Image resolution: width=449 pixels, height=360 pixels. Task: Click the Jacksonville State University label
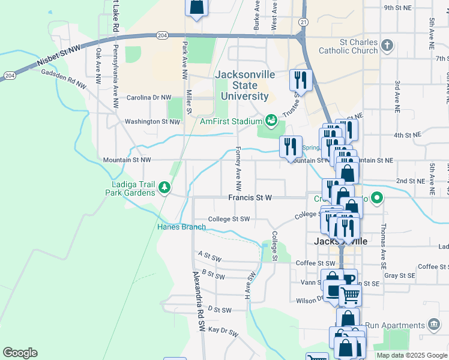click(245, 85)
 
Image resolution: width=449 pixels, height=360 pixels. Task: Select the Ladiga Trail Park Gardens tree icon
click(164, 188)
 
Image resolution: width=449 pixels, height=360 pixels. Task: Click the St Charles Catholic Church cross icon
click(388, 45)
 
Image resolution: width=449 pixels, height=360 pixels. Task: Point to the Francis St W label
click(250, 197)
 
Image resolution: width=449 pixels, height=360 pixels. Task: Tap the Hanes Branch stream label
click(181, 227)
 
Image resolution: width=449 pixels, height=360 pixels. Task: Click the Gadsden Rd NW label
click(64, 79)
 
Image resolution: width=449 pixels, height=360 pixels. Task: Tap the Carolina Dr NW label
click(148, 97)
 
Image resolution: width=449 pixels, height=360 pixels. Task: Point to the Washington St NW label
click(152, 122)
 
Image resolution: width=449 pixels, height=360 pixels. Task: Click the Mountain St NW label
click(127, 160)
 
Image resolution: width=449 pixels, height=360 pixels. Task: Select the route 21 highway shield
click(304, 22)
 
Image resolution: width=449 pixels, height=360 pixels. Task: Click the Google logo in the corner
click(20, 352)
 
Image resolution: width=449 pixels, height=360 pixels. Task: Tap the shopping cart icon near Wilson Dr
click(350, 295)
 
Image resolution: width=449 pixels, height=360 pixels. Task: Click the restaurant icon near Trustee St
click(300, 80)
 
